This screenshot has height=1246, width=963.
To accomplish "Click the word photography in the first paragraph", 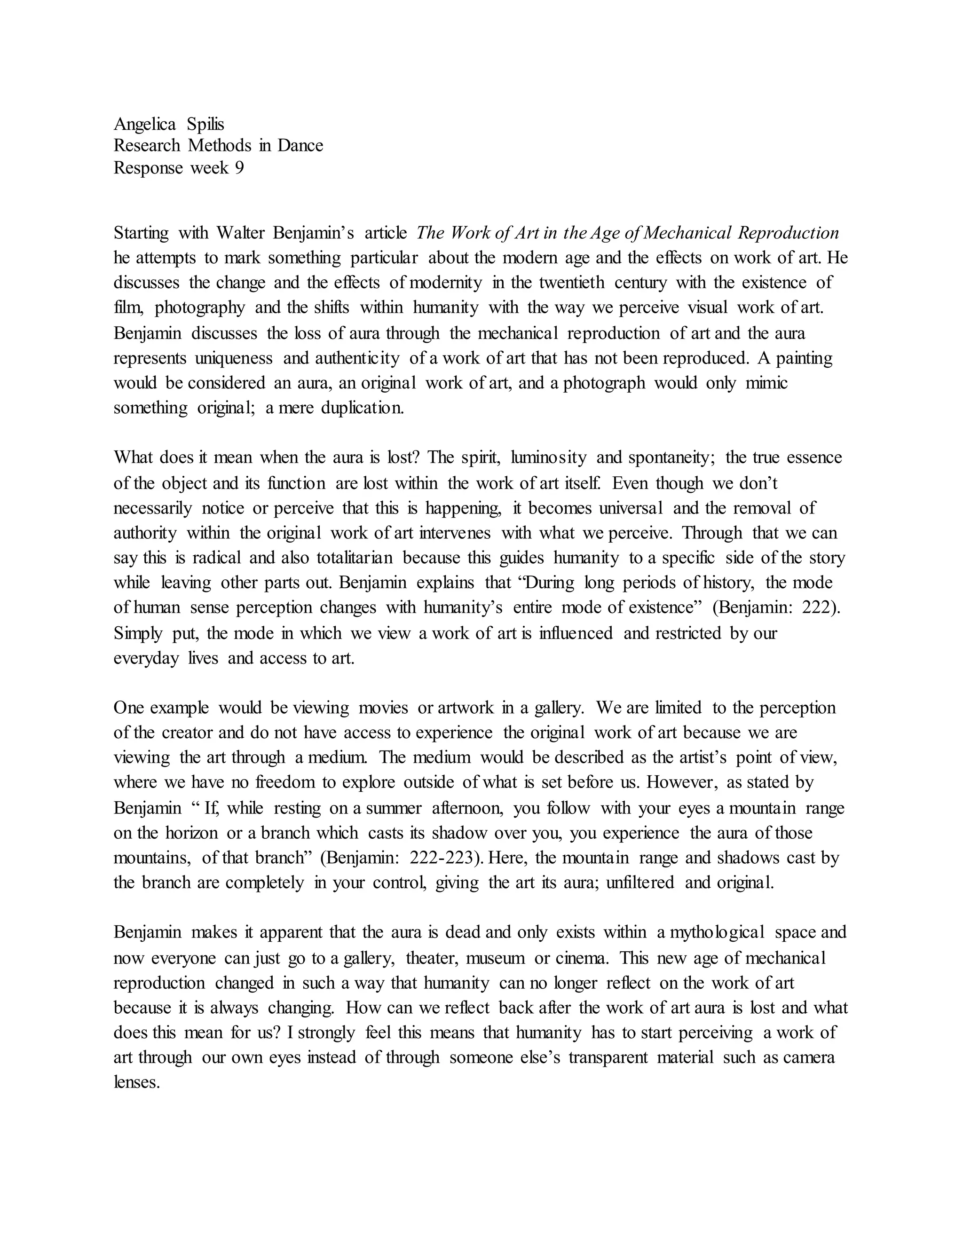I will tap(200, 308).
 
